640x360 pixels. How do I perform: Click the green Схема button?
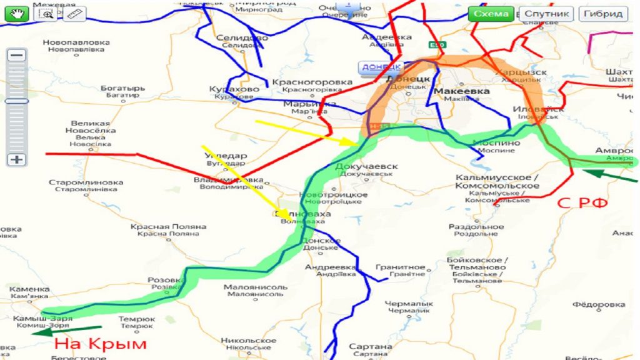491,14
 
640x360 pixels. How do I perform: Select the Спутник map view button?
546,14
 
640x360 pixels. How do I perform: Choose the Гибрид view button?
603,14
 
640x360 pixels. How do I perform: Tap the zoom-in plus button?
17,159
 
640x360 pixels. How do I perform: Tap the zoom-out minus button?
17,55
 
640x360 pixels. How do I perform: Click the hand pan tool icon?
17,14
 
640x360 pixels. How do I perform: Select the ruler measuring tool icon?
74,14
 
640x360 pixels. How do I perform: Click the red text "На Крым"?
100,344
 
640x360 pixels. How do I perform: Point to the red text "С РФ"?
582,203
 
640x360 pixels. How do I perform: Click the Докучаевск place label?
366,167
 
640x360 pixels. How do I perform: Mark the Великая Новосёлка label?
90,127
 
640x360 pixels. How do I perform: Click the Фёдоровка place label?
599,305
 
